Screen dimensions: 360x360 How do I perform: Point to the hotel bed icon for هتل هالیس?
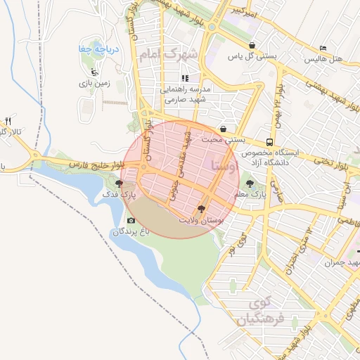click(323, 48)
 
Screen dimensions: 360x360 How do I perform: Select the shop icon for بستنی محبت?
click(223, 129)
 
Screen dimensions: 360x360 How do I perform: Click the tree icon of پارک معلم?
click(250, 184)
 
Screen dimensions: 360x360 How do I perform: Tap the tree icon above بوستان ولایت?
click(202, 208)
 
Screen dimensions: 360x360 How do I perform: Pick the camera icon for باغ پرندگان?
click(130, 220)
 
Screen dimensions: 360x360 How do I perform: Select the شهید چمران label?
click(342, 262)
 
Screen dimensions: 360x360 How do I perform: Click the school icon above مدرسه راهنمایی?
click(185, 78)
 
